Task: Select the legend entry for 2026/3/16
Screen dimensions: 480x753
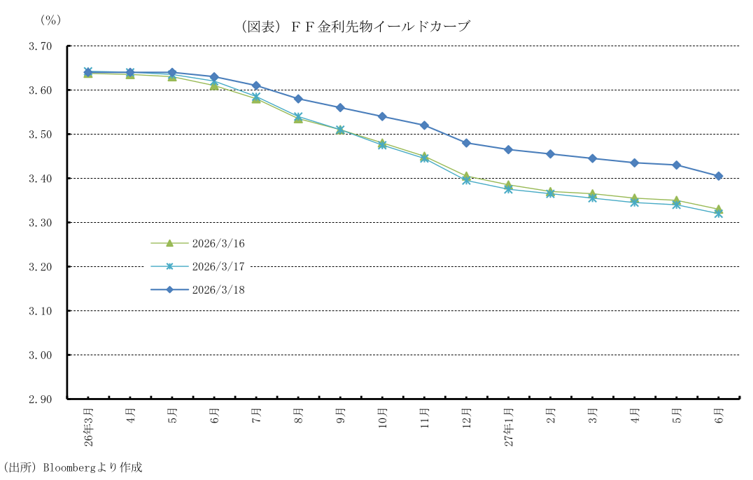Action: pyautogui.click(x=218, y=244)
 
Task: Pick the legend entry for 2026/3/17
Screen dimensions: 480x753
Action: pyautogui.click(x=218, y=266)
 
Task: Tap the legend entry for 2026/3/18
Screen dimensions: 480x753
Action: pyautogui.click(x=218, y=289)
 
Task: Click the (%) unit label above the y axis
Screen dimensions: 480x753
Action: pyautogui.click(x=50, y=20)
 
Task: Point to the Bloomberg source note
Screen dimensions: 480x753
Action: pyautogui.click(x=73, y=467)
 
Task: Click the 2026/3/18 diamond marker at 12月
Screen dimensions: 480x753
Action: pyautogui.click(x=466, y=143)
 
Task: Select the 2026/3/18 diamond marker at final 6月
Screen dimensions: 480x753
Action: pyautogui.click(x=718, y=176)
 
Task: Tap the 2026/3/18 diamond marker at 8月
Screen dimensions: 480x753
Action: pyautogui.click(x=298, y=99)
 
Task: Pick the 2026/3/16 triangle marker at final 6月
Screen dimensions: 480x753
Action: pyautogui.click(x=718, y=209)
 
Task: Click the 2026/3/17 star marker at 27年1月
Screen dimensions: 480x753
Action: pyautogui.click(x=508, y=189)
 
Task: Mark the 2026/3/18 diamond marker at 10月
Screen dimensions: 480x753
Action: pyautogui.click(x=382, y=116)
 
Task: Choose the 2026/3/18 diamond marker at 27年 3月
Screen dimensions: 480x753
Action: pyautogui.click(x=592, y=158)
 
